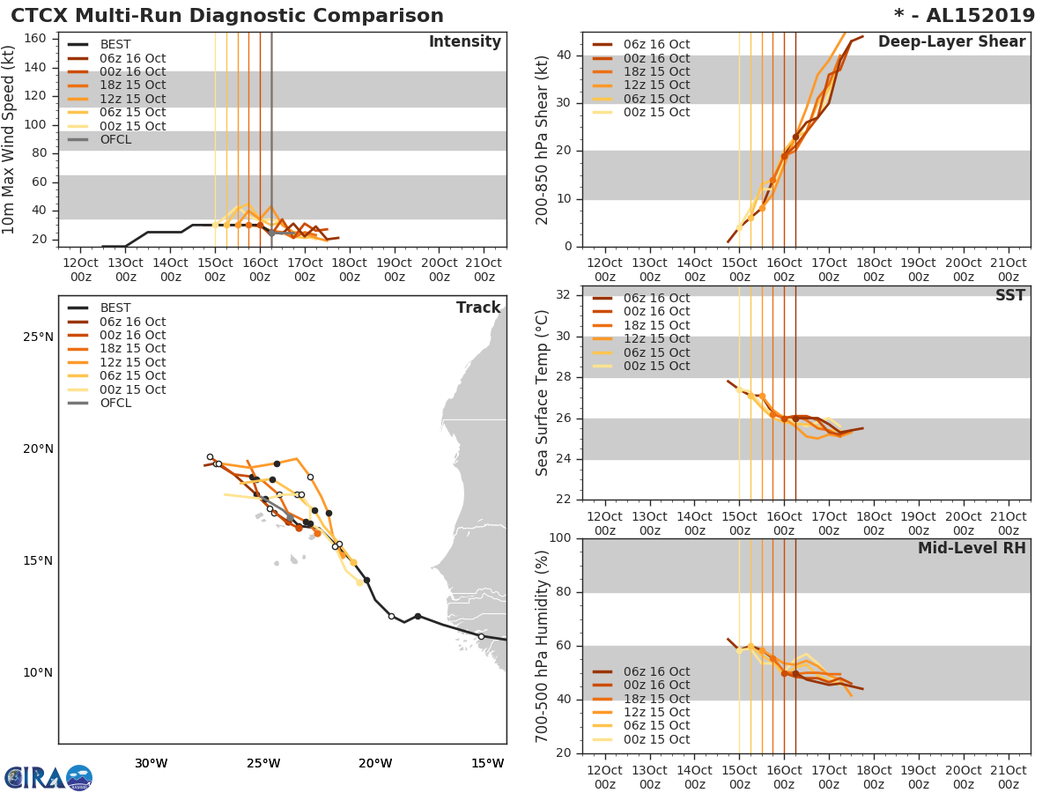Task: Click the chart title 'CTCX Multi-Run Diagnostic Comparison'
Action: (x=227, y=16)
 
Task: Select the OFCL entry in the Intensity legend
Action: (x=115, y=139)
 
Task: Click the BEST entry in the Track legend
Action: (x=115, y=308)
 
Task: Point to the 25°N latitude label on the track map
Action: (x=37, y=337)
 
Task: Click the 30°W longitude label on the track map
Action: (x=151, y=763)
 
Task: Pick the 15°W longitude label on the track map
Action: (x=487, y=763)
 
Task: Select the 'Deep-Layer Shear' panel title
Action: (x=951, y=42)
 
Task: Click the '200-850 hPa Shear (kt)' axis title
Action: (x=543, y=139)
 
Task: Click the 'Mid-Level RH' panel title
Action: (x=972, y=549)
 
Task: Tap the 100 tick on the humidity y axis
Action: (x=562, y=538)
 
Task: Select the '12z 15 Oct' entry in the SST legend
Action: (x=656, y=339)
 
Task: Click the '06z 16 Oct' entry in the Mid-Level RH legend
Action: (x=656, y=671)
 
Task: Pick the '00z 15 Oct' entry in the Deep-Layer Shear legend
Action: (x=656, y=112)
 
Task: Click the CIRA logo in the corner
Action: (x=48, y=778)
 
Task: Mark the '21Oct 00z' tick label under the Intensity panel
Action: (x=484, y=270)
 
